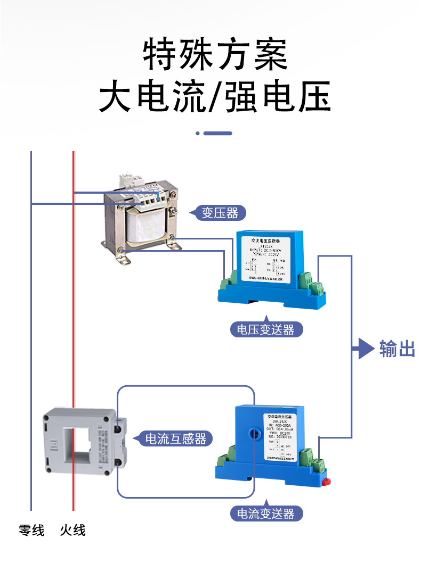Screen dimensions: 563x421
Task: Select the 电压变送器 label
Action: tap(265, 329)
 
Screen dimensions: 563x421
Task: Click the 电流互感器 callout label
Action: tap(176, 439)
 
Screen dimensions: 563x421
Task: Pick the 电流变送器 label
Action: tap(265, 514)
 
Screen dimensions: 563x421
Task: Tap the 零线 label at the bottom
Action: tap(31, 530)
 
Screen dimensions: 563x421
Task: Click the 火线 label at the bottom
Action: tap(73, 530)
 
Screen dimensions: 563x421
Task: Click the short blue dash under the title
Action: tap(218, 133)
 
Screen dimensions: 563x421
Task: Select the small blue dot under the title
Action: tap(198, 133)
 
